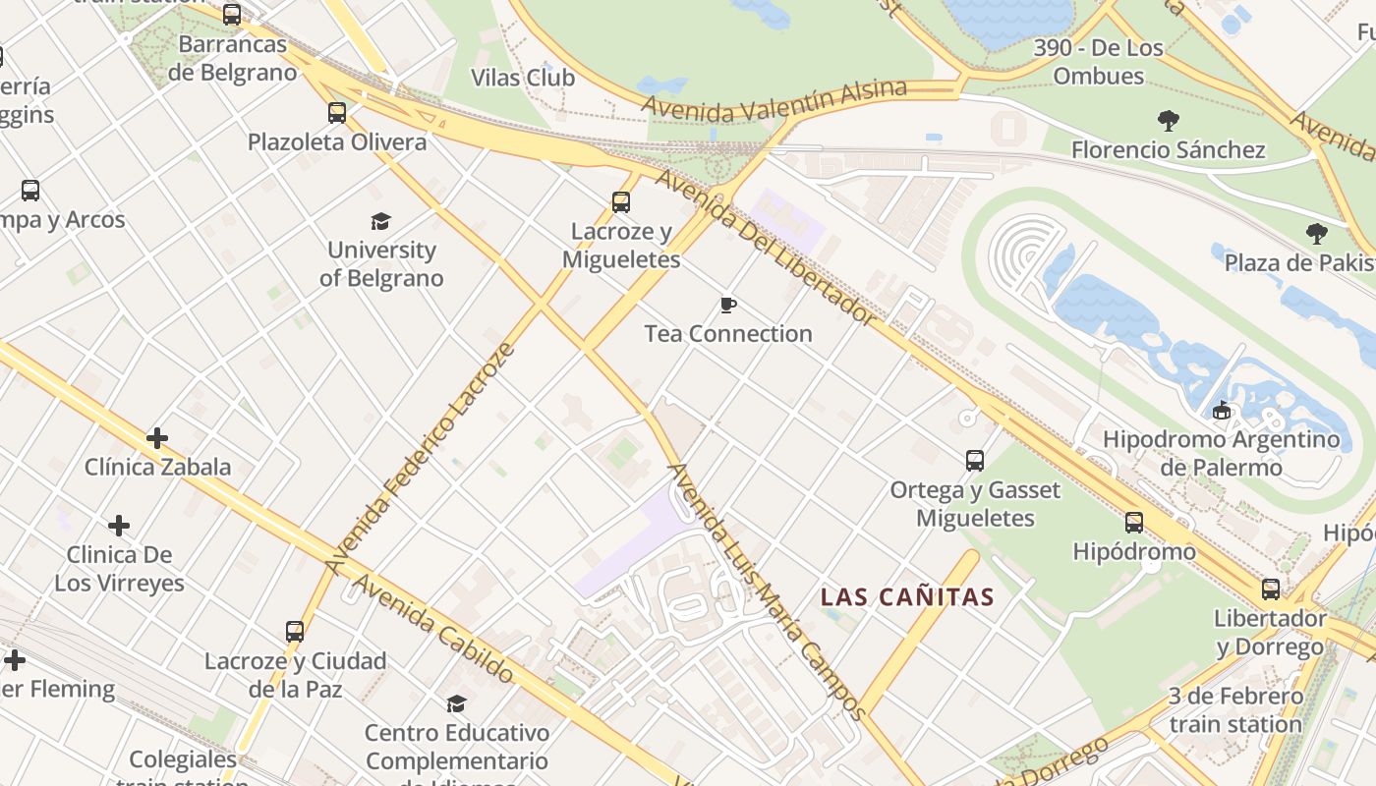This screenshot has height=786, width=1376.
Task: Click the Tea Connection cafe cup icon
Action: coord(728,306)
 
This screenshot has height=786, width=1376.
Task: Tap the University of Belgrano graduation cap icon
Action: coord(380,222)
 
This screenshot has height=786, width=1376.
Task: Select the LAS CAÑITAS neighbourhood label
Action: coord(907,596)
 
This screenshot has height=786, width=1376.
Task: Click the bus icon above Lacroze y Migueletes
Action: coord(621,202)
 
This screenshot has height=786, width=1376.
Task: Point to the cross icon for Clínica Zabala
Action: coord(157,438)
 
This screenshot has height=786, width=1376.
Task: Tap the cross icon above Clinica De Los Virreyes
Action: coord(119,526)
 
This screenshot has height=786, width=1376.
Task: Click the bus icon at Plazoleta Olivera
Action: coord(337,113)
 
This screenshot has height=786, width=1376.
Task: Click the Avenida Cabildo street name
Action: coord(432,628)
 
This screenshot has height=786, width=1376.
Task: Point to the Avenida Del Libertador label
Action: coord(766,247)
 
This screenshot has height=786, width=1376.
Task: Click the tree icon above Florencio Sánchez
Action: coord(1169,121)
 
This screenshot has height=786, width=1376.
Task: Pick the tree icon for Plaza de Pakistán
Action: coord(1317,234)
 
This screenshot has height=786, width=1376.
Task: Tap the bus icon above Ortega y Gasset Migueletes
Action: coord(975,461)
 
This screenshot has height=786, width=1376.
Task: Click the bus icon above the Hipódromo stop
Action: coord(1134,523)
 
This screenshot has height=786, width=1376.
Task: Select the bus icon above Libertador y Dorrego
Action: coord(1271,589)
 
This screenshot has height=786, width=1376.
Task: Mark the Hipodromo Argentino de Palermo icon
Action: coord(1221,411)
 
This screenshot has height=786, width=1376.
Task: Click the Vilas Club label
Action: coord(523,78)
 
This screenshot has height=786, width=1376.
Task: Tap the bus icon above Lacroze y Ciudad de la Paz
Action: coord(295,632)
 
